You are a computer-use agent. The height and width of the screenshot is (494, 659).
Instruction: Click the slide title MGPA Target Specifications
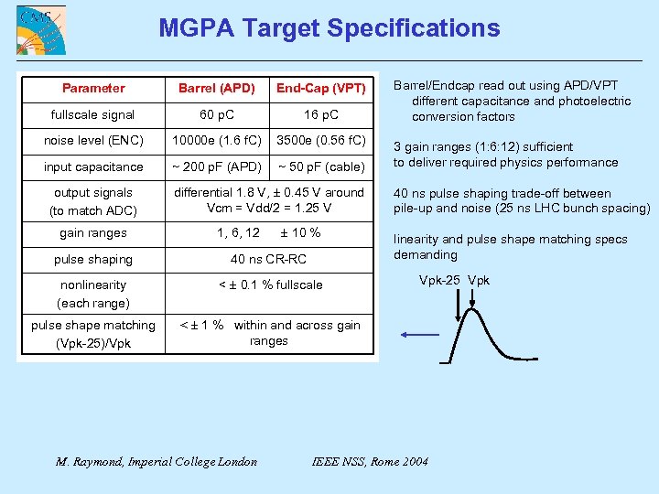(329, 27)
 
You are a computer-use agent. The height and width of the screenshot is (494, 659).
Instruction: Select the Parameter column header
(93, 88)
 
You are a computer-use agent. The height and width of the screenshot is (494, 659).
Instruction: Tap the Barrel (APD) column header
(217, 89)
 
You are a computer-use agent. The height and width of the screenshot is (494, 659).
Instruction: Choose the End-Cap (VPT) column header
(321, 89)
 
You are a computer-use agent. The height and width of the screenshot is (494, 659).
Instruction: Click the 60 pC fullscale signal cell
(217, 114)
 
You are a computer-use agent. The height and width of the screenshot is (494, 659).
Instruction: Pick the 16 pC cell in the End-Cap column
(321, 114)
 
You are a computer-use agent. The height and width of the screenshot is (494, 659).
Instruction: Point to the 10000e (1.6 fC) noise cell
(217, 140)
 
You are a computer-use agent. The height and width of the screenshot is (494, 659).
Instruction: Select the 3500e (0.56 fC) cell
(321, 140)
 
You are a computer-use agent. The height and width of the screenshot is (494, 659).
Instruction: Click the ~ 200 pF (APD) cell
(217, 166)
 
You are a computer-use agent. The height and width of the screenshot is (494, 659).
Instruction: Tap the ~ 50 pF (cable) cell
(321, 166)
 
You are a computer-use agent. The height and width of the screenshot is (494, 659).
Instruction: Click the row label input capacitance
(93, 166)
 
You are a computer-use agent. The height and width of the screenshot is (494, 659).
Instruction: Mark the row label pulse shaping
(93, 259)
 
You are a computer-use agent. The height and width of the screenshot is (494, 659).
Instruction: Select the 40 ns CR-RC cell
(268, 259)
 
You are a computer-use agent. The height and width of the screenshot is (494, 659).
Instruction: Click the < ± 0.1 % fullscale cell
(270, 285)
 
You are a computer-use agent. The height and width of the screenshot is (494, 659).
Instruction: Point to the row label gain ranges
(93, 233)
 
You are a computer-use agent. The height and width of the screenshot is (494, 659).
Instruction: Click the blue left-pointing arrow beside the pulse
(421, 335)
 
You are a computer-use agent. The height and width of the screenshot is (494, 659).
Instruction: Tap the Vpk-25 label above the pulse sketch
(440, 280)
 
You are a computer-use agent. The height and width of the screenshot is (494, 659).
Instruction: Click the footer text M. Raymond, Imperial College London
(157, 461)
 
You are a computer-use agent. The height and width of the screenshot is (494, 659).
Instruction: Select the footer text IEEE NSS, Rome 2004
(370, 461)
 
